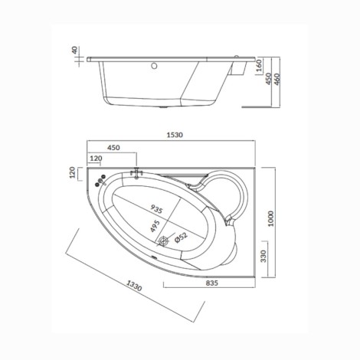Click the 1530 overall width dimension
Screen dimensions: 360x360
175,135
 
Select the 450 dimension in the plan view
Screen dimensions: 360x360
113,148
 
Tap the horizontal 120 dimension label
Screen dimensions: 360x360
96,159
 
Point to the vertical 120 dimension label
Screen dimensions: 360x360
73,172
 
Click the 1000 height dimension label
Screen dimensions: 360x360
271,218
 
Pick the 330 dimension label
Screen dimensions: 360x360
263,256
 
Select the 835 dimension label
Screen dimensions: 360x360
212,283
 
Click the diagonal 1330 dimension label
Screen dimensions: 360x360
134,286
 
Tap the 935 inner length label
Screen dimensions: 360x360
156,209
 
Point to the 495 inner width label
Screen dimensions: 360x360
155,226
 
